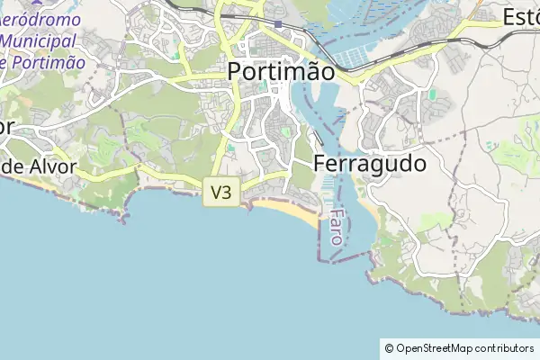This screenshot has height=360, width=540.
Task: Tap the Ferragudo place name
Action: pos(370,165)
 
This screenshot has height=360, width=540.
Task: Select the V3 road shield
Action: pos(221,192)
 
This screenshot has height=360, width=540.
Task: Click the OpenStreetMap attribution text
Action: pos(458,348)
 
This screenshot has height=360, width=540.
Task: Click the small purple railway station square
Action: pos(280,24)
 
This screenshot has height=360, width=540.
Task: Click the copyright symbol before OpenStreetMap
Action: pos(389,348)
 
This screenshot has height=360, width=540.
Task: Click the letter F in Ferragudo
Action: pos(321,165)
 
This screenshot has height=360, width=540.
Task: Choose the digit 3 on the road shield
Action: pos(227,192)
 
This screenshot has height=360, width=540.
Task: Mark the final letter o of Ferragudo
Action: pos(418,166)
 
